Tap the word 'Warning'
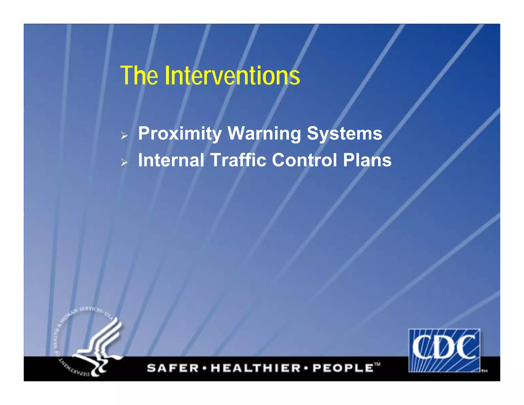point(264,134)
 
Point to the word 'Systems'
point(344,134)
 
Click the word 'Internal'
point(171,160)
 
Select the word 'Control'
point(304,160)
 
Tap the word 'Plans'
point(367,160)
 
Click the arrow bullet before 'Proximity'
point(124,136)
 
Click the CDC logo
point(444,350)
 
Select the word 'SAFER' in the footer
point(173,368)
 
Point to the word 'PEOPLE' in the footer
point(343,368)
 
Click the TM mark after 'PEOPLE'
point(377,364)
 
